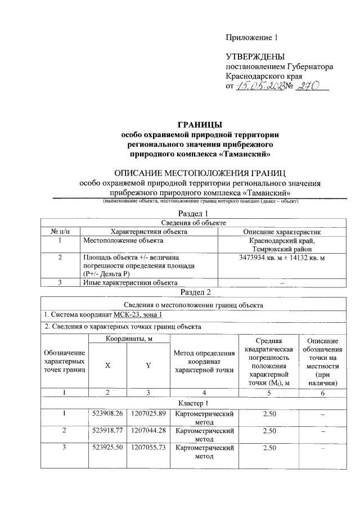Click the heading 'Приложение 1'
click(251, 38)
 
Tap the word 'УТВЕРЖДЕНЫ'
click(255, 57)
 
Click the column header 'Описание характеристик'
click(281, 232)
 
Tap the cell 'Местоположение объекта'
click(123, 241)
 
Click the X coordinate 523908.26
click(107, 415)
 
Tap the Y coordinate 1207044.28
click(147, 431)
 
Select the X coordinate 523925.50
click(107, 448)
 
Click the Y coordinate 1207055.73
click(147, 448)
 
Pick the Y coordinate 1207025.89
click(147, 415)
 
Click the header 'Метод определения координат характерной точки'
click(204, 362)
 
